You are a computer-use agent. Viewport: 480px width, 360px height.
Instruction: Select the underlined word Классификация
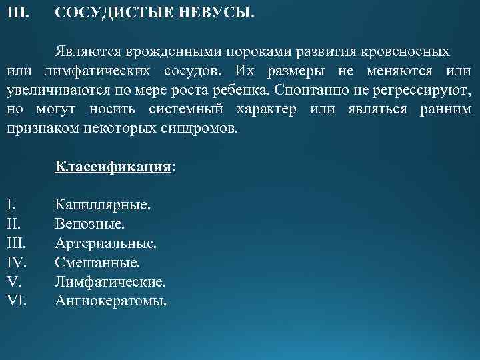113,167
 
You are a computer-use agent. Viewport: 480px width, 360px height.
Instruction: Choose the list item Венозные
89,224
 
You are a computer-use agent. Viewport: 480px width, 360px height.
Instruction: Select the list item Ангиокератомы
111,301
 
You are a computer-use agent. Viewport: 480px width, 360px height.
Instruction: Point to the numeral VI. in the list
17,301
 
